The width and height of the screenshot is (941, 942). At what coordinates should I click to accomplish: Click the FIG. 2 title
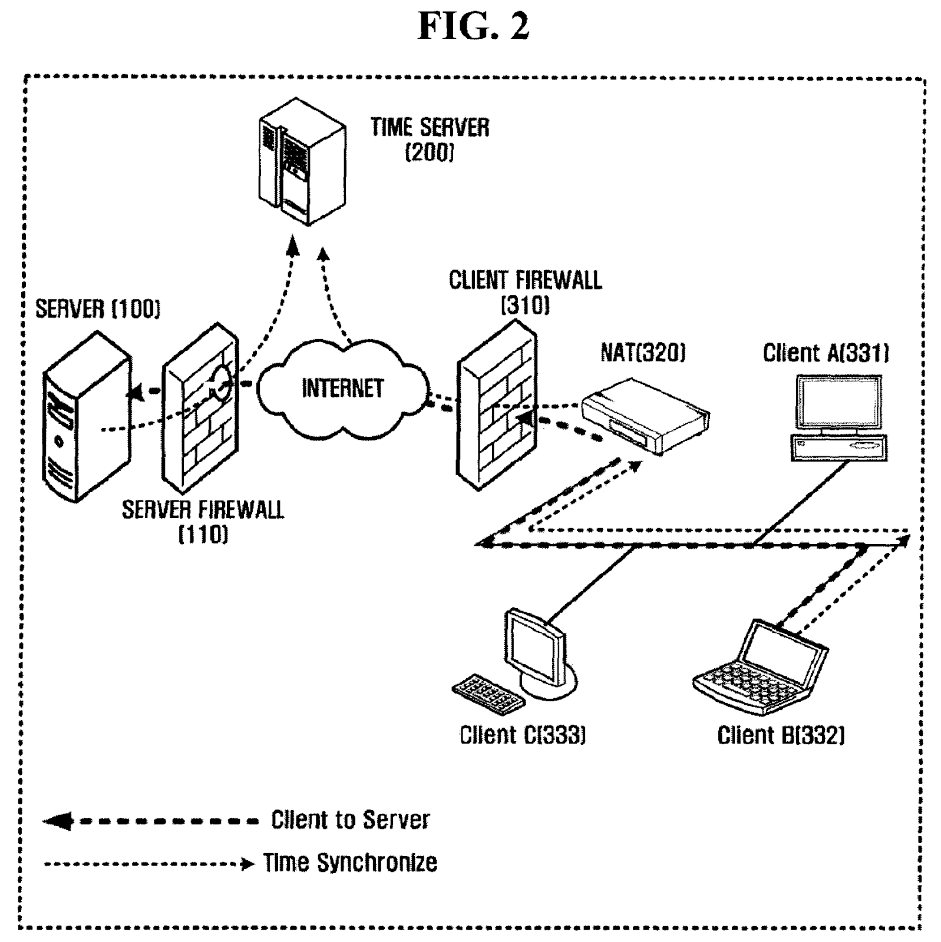(473, 27)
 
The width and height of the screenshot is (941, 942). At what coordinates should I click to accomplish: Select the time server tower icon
(302, 162)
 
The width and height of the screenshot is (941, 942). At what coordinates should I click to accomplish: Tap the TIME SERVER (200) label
(430, 139)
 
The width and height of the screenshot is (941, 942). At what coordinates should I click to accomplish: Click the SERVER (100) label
(98, 309)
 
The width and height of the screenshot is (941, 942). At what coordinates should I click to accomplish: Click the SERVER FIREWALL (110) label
(203, 521)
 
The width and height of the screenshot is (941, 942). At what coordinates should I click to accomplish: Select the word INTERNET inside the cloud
(342, 389)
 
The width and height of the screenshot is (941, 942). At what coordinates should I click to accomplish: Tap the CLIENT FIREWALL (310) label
(525, 292)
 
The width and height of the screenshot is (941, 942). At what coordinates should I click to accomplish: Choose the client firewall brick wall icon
(497, 406)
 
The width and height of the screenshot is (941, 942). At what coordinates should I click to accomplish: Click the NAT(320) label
(643, 353)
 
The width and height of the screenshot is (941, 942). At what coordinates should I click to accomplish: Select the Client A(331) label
(826, 353)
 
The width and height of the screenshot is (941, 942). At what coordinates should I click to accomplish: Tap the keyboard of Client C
(488, 694)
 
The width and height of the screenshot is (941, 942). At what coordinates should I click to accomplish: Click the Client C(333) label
(523, 735)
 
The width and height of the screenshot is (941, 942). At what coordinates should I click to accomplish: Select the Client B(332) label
(781, 735)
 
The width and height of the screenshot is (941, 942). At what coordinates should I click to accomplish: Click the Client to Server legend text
(350, 820)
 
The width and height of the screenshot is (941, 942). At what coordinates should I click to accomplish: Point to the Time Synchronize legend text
(350, 863)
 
